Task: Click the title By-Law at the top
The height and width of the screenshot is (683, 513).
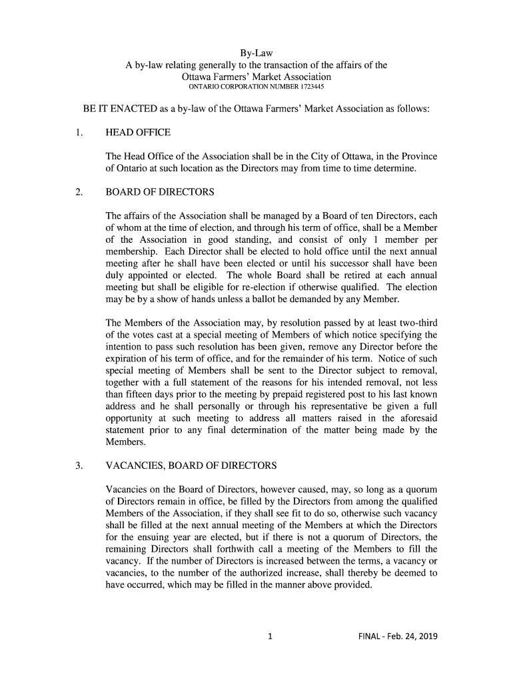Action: tap(256, 53)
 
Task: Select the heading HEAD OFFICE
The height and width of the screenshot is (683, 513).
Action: tap(138, 133)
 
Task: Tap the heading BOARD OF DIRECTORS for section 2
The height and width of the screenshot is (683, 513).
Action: tap(160, 193)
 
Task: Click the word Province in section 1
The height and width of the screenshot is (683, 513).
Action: tap(418, 156)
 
